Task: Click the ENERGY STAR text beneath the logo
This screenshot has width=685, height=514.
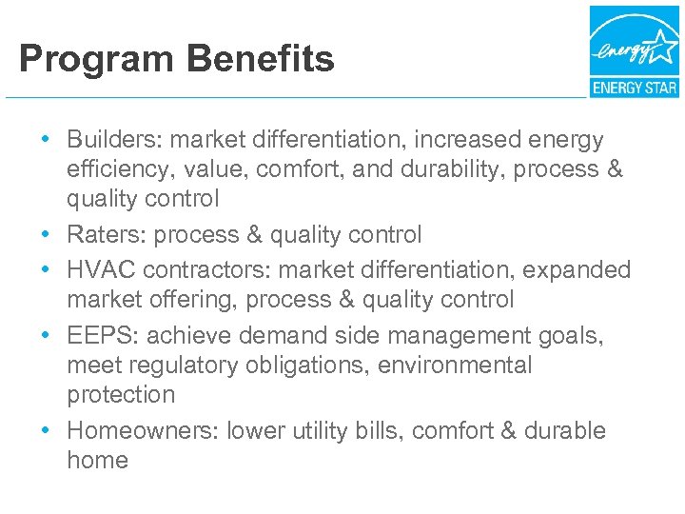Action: pos(634,89)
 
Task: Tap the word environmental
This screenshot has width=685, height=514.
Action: pos(454,366)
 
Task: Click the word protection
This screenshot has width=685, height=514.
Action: pos(121,395)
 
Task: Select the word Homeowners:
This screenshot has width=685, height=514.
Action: pos(144,431)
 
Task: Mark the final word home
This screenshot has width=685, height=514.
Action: pos(97,461)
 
